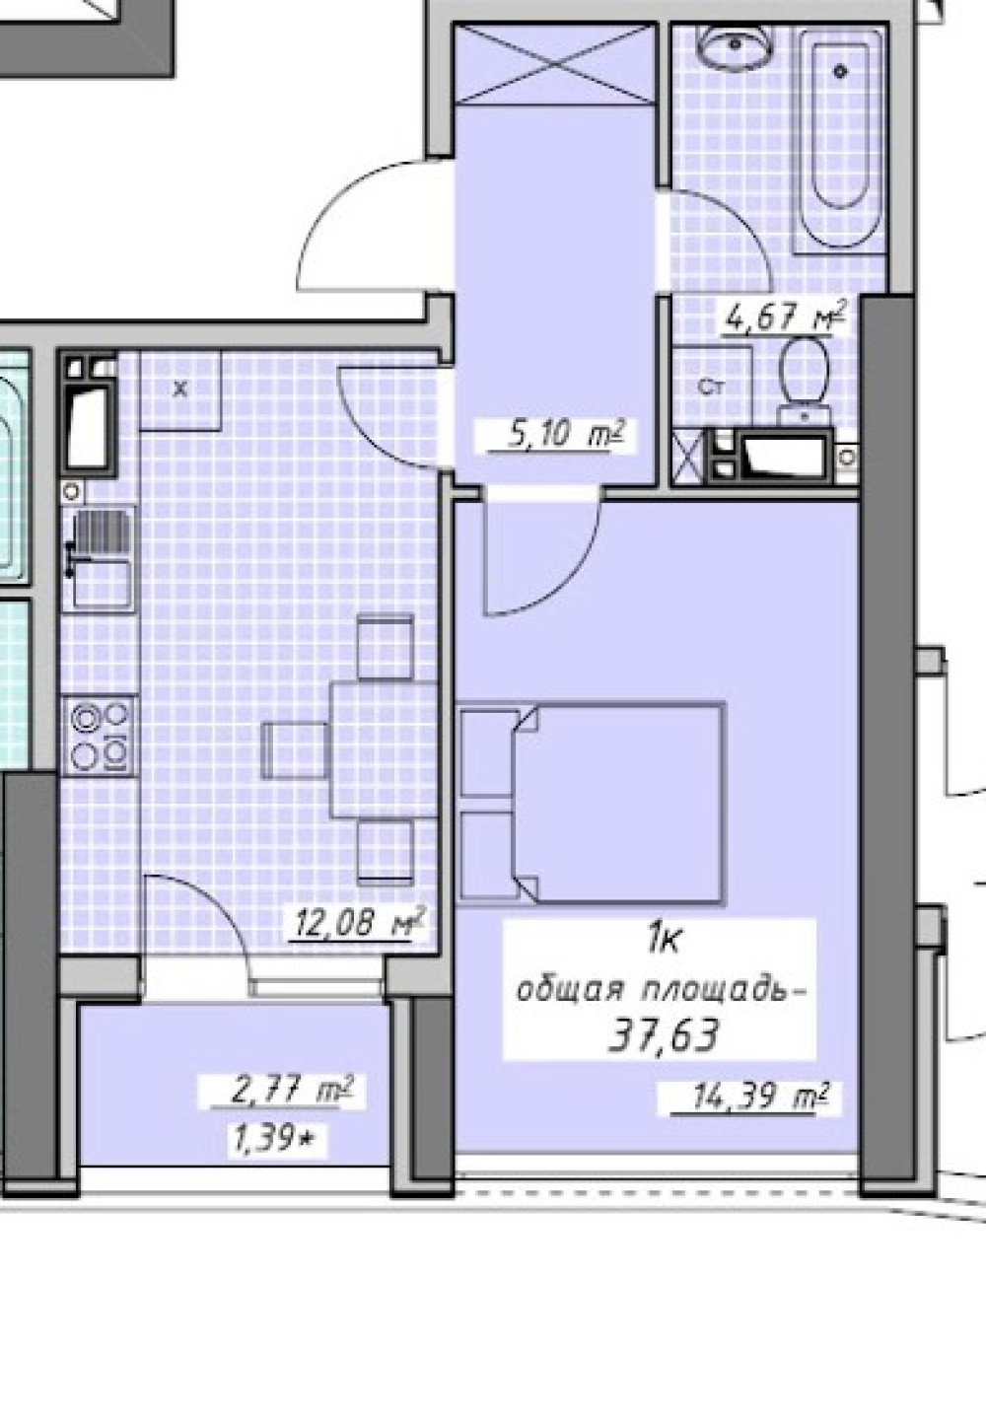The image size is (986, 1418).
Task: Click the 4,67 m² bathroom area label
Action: [x=785, y=316]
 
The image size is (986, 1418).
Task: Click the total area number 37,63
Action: [x=664, y=1035]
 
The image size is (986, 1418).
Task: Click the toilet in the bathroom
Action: [x=804, y=381]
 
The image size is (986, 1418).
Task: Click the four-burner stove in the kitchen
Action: [x=100, y=736]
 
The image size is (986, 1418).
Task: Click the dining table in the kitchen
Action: [x=384, y=749]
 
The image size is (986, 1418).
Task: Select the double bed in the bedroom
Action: [x=591, y=803]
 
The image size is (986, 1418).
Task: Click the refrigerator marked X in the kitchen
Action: [x=179, y=390]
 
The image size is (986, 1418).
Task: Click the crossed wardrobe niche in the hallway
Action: [x=555, y=64]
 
